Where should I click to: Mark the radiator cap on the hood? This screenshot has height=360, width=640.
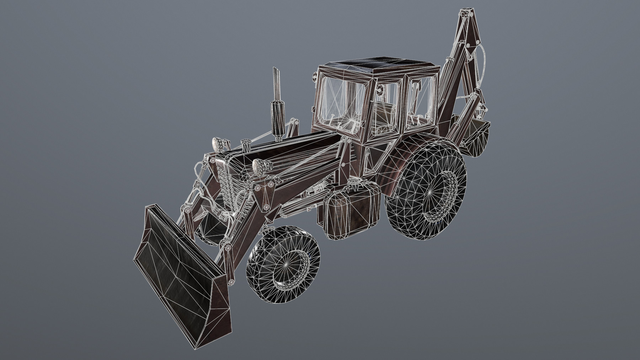[x=246, y=144]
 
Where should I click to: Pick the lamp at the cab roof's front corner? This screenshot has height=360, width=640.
[x=315, y=76]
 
